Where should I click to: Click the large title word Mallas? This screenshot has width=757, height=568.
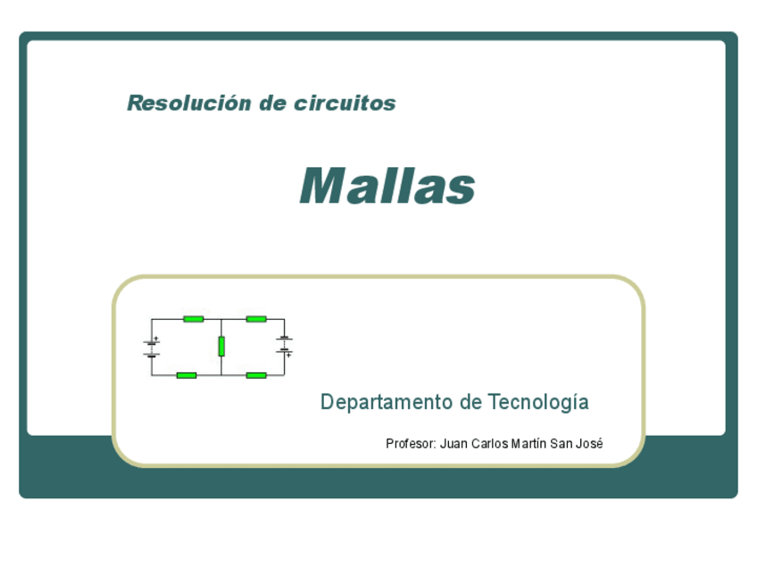pyautogui.click(x=387, y=186)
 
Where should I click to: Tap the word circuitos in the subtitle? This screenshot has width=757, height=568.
pyautogui.click(x=345, y=103)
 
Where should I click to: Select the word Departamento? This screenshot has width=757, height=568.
pyautogui.click(x=387, y=402)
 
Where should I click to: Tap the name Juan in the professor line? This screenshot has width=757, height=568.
pyautogui.click(x=454, y=443)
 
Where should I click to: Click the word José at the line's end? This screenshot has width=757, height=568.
pyautogui.click(x=590, y=443)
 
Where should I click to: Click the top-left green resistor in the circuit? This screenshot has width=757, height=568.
pyautogui.click(x=193, y=319)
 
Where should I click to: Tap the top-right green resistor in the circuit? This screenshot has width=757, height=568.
pyautogui.click(x=256, y=319)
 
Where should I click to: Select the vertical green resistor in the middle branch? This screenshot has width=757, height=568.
pyautogui.click(x=221, y=346)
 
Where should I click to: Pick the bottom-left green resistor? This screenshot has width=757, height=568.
pyautogui.click(x=186, y=375)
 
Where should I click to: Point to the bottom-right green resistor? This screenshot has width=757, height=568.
pyautogui.click(x=256, y=375)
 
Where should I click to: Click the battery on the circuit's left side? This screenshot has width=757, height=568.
pyautogui.click(x=151, y=347)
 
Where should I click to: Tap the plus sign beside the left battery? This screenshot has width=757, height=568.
pyautogui.click(x=157, y=339)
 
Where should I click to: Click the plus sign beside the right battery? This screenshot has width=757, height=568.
pyautogui.click(x=290, y=355)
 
